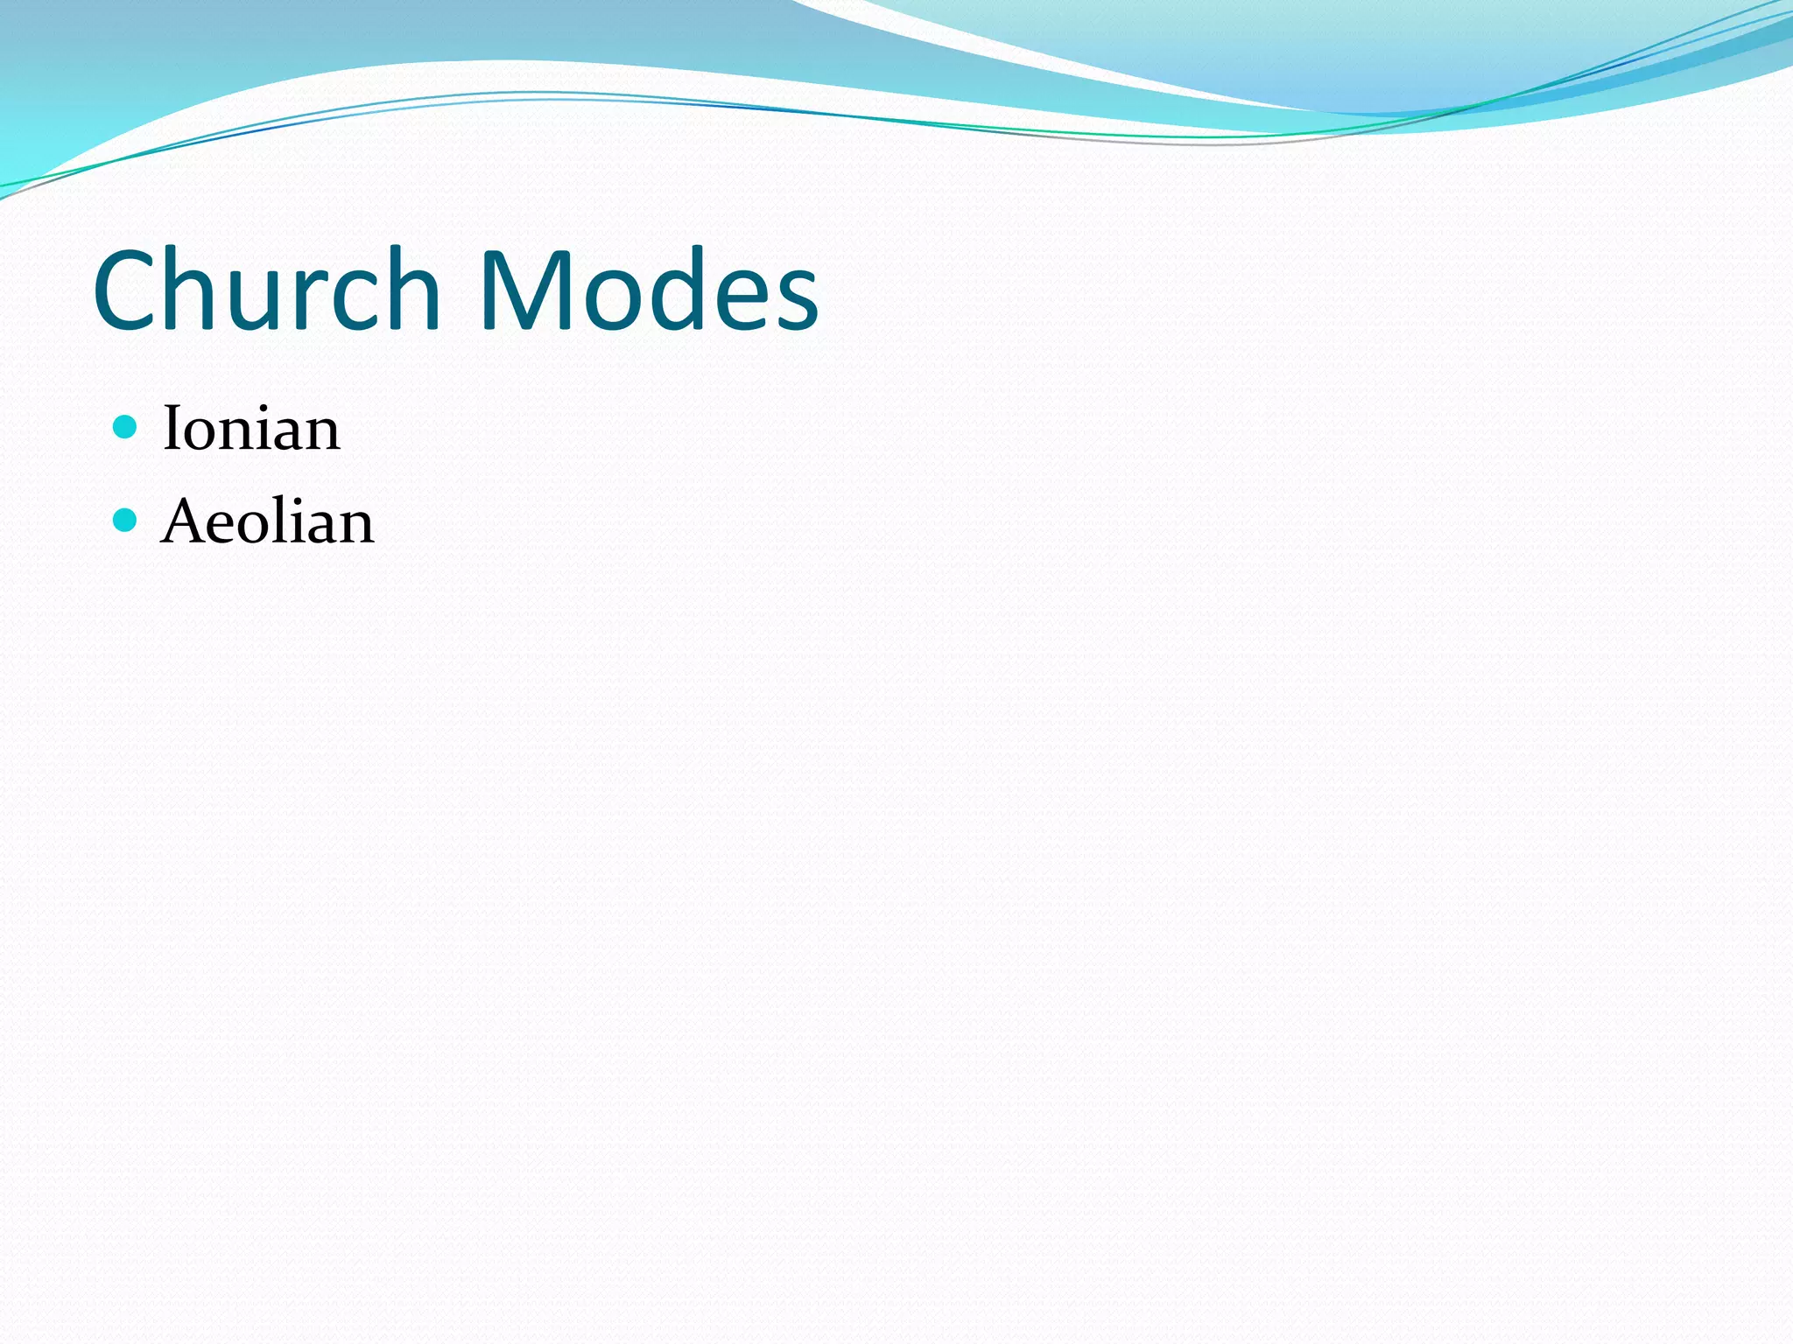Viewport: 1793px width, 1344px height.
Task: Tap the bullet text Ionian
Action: pos(251,428)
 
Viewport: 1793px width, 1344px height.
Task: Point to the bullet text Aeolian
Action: pos(268,521)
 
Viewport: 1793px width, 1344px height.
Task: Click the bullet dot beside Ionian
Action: pos(126,427)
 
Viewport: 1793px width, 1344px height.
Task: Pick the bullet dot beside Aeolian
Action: pos(126,521)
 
